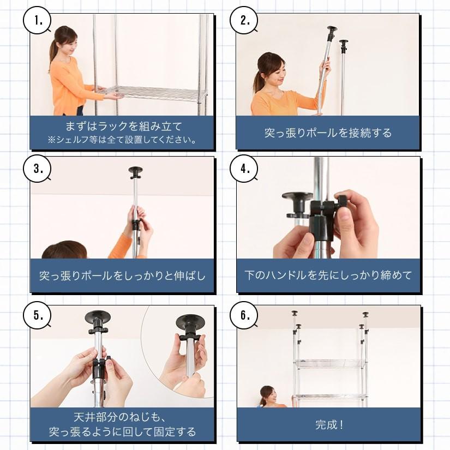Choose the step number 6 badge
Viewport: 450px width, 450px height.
pyautogui.click(x=244, y=315)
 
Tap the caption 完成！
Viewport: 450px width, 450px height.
pyautogui.click(x=329, y=424)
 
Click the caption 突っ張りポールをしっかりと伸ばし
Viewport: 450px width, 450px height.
pyautogui.click(x=122, y=275)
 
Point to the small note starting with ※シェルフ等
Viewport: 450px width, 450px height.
pyautogui.click(x=122, y=140)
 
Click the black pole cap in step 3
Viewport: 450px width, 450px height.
pyautogui.click(x=135, y=171)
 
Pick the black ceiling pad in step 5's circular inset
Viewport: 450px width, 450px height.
pyautogui.click(x=190, y=322)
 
